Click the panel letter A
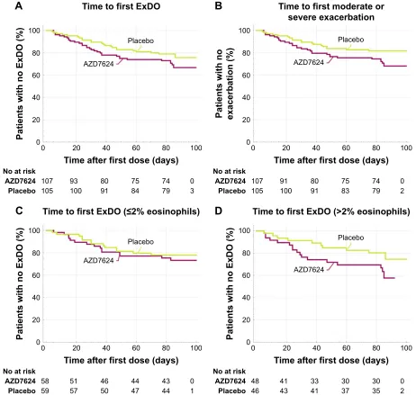(19, 6)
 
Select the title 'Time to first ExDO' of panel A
(122, 6)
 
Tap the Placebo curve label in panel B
(351, 40)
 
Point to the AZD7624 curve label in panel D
(309, 270)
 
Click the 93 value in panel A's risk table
(74, 181)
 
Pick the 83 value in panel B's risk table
(345, 191)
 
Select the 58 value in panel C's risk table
(45, 382)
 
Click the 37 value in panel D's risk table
(345, 391)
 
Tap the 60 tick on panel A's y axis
(36, 75)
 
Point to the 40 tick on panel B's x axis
(316, 148)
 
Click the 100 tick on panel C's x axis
(196, 348)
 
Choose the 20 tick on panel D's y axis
(246, 320)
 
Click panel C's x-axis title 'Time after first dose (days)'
(121, 360)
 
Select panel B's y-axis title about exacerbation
(224, 84)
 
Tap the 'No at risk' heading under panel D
(230, 372)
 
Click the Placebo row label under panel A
(22, 191)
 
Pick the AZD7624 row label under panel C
(20, 382)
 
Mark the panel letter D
(219, 211)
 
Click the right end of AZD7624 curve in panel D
(394, 278)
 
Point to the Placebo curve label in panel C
(140, 242)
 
